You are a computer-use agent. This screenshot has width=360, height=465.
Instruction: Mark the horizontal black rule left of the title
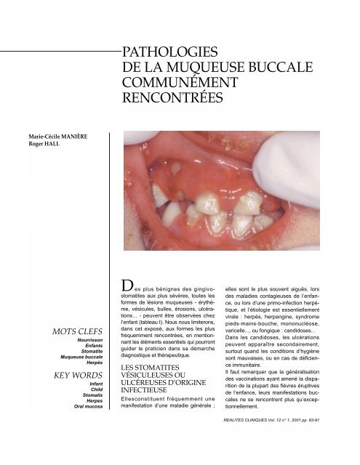[58, 52]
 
